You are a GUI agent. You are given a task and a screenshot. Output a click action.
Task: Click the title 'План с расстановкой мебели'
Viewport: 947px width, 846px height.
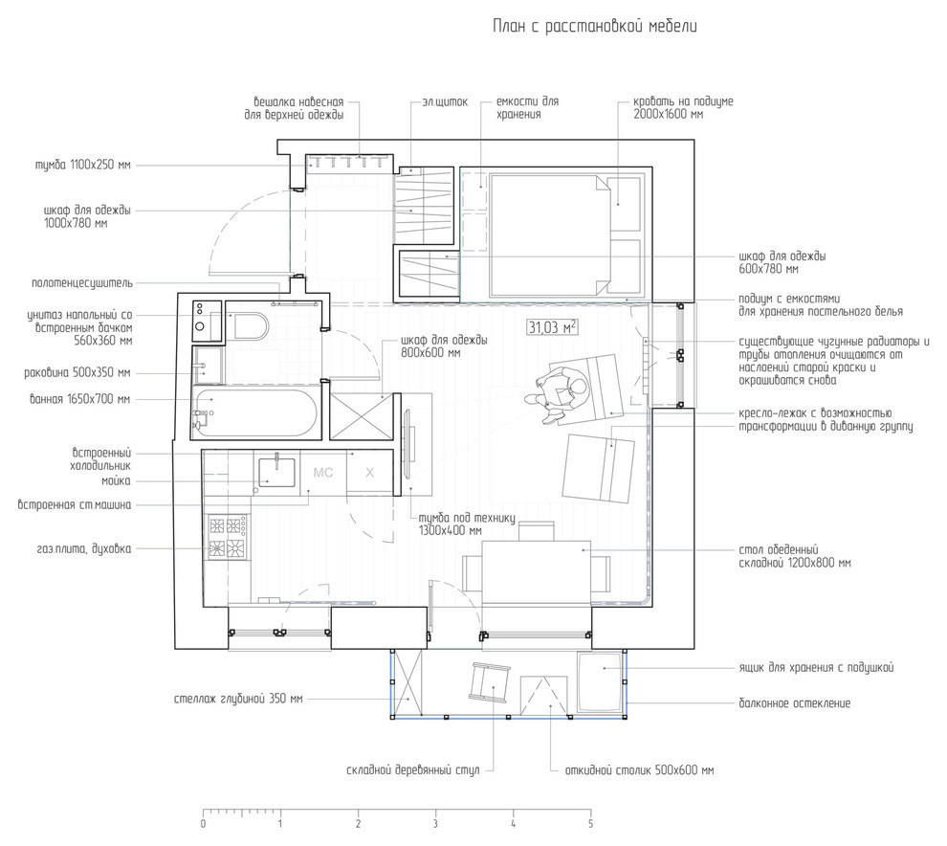[x=594, y=27]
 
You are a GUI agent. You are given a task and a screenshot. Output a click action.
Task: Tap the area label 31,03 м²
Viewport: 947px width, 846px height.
[x=553, y=327]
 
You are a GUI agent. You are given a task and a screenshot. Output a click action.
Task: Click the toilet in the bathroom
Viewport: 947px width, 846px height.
[x=247, y=326]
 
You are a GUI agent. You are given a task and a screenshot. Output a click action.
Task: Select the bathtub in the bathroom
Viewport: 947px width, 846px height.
[x=254, y=412]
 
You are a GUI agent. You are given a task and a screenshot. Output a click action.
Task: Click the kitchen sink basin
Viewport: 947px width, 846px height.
[x=276, y=473]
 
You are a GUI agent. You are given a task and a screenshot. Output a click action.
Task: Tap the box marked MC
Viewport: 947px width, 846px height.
[x=323, y=473]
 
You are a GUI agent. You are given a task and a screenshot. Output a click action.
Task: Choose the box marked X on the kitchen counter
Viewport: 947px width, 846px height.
[x=369, y=473]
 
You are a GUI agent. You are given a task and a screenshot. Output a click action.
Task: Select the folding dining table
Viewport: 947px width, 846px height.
[x=537, y=571]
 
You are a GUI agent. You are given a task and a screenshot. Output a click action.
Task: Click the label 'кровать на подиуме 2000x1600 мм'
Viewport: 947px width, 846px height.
[x=683, y=107]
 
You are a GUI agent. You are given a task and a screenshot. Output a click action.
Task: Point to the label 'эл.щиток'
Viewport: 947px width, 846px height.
[x=445, y=102]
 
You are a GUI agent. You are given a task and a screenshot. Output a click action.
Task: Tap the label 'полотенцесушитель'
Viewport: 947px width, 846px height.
[x=82, y=283]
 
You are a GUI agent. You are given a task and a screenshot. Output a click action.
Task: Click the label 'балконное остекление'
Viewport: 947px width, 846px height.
[x=794, y=703]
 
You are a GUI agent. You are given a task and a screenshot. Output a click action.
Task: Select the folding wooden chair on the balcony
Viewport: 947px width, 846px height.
[x=490, y=681]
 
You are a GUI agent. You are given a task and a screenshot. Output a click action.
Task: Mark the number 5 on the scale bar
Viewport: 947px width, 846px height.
[x=590, y=824]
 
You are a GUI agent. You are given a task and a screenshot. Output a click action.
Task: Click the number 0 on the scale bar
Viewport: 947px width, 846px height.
[x=203, y=824]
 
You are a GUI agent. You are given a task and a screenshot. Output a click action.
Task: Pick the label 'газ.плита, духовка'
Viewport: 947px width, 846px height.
[x=83, y=549]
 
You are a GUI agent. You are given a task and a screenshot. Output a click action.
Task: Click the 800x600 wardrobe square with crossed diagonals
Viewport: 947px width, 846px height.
[x=362, y=416]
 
